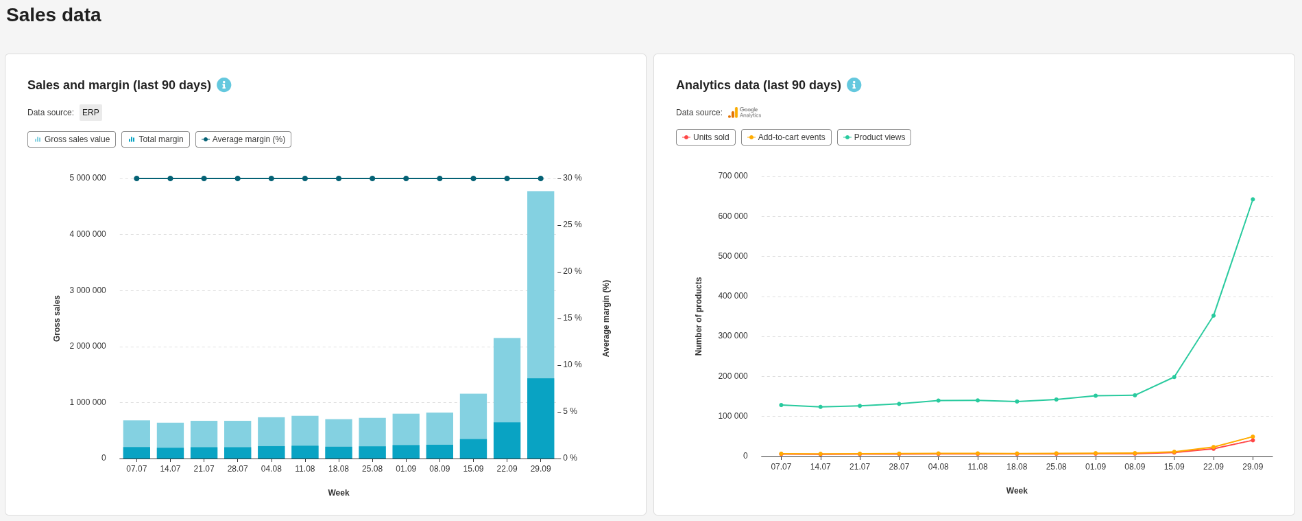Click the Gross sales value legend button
tap(71, 139)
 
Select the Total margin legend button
tap(156, 139)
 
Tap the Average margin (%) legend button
tap(243, 139)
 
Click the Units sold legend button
tap(706, 137)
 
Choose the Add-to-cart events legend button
tap(786, 137)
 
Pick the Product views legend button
tap(873, 137)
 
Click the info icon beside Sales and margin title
tap(224, 84)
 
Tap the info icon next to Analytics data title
tap(854, 84)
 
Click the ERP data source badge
tap(91, 113)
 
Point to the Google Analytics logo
tap(745, 113)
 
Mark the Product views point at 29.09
tap(1253, 200)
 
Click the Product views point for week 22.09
tap(1214, 316)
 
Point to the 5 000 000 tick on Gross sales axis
tap(88, 178)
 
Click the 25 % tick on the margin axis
tap(572, 224)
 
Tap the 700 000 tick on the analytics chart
tap(733, 176)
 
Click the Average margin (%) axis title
tap(606, 318)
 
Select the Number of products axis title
tap(699, 316)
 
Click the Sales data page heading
tap(53, 15)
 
